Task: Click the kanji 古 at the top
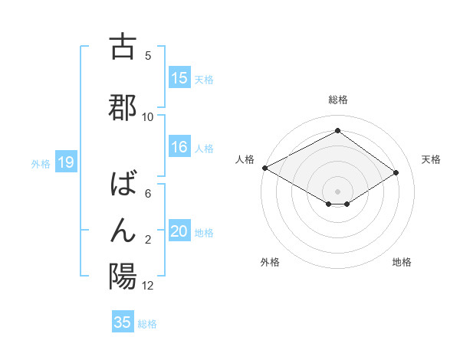tap(123, 47)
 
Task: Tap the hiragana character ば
tap(123, 185)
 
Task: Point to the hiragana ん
tap(123, 229)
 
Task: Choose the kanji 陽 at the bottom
tap(123, 275)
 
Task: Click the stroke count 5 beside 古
tap(148, 56)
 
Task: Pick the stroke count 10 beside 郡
tap(148, 117)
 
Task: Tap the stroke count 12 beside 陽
tap(148, 286)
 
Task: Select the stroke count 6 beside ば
tap(148, 194)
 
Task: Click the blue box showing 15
tap(179, 78)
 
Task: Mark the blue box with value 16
tap(179, 148)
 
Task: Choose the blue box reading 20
tap(179, 232)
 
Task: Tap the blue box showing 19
tap(65, 162)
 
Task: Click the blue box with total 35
tap(123, 322)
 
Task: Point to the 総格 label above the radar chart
tap(337, 100)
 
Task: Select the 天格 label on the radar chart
tap(431, 159)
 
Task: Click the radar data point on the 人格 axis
tap(264, 168)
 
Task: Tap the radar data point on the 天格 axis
tap(396, 172)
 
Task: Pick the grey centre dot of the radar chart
tap(337, 191)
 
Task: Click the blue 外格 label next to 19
tap(41, 163)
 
